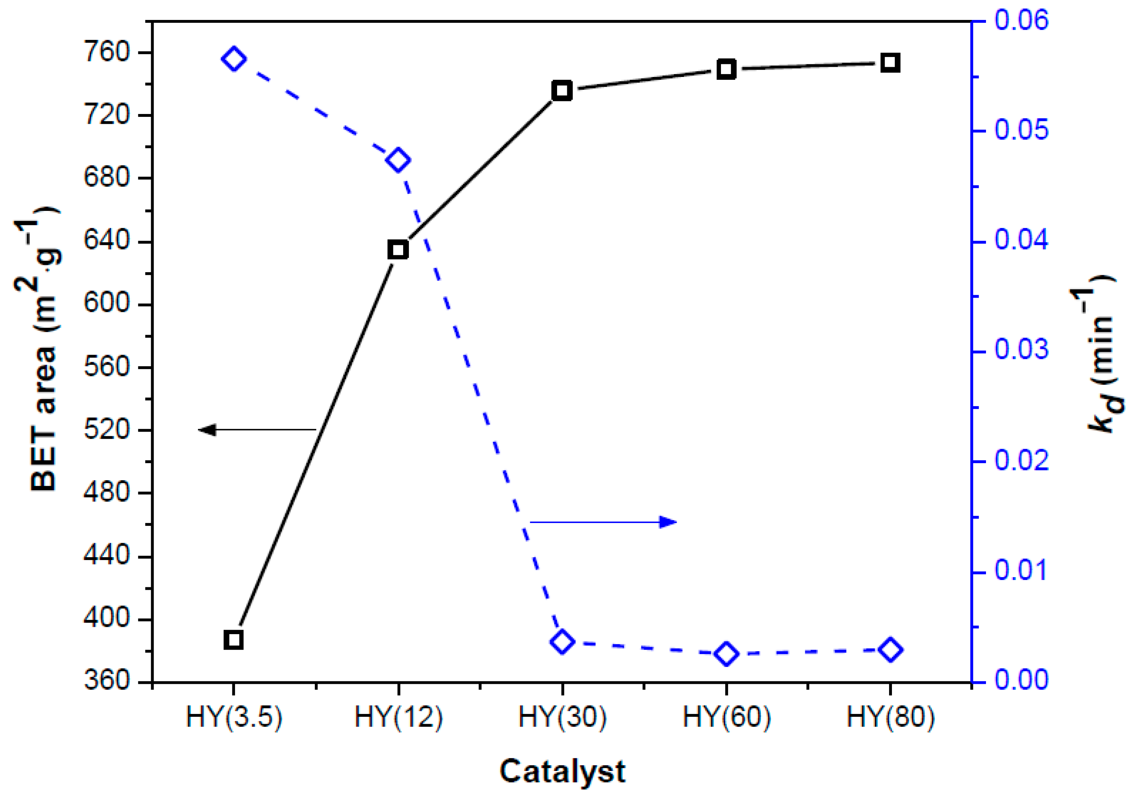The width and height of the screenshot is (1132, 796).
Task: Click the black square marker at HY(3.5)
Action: click(233, 640)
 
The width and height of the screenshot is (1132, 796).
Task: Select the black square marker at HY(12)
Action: click(398, 250)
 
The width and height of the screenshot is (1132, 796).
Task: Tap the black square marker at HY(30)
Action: click(562, 91)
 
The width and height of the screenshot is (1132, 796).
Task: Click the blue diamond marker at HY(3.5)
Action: click(234, 59)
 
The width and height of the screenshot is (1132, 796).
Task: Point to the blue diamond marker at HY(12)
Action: click(398, 160)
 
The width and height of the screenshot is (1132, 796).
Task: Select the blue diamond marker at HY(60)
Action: click(726, 654)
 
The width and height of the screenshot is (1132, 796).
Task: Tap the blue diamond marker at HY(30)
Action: click(562, 642)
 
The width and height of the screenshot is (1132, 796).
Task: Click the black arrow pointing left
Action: click(256, 430)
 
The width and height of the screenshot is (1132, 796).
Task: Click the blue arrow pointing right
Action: click(604, 522)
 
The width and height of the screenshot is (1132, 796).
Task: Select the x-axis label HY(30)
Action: click(562, 717)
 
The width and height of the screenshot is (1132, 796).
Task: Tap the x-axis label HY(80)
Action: click(890, 717)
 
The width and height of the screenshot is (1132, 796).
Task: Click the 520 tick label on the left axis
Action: click(106, 430)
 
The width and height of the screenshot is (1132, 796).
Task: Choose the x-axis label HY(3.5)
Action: click(234, 717)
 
